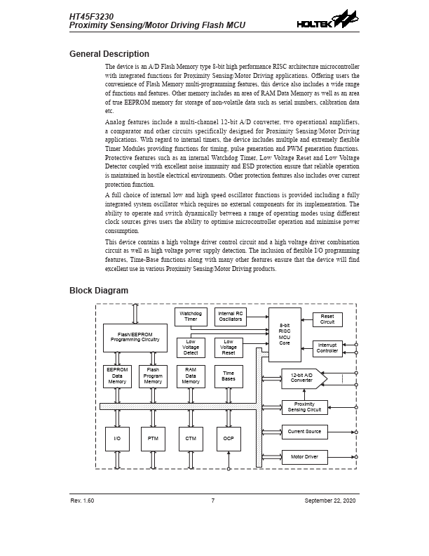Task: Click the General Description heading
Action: pyautogui.click(x=109, y=54)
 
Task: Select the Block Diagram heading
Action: pyautogui.click(x=98, y=291)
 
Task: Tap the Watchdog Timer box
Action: pyautogui.click(x=191, y=317)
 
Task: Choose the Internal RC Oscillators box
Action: pyautogui.click(x=230, y=317)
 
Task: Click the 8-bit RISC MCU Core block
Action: pyautogui.click(x=285, y=335)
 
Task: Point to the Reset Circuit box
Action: pyautogui.click(x=327, y=319)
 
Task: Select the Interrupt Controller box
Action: pyautogui.click(x=327, y=348)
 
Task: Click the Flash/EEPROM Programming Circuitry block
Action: pyautogui.click(x=135, y=338)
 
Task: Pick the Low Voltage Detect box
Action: pyautogui.click(x=191, y=347)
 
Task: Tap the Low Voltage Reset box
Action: pyautogui.click(x=229, y=347)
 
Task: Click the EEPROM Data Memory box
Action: pyautogui.click(x=117, y=376)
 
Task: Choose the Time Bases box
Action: pyautogui.click(x=229, y=376)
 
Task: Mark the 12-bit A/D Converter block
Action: pyautogui.click(x=303, y=378)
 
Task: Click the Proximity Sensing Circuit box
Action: pyautogui.click(x=304, y=407)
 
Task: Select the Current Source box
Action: pyautogui.click(x=304, y=432)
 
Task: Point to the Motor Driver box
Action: pyautogui.click(x=304, y=457)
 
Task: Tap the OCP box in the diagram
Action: pyautogui.click(x=229, y=439)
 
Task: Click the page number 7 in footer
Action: pyautogui.click(x=212, y=501)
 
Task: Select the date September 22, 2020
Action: pyautogui.click(x=330, y=501)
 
